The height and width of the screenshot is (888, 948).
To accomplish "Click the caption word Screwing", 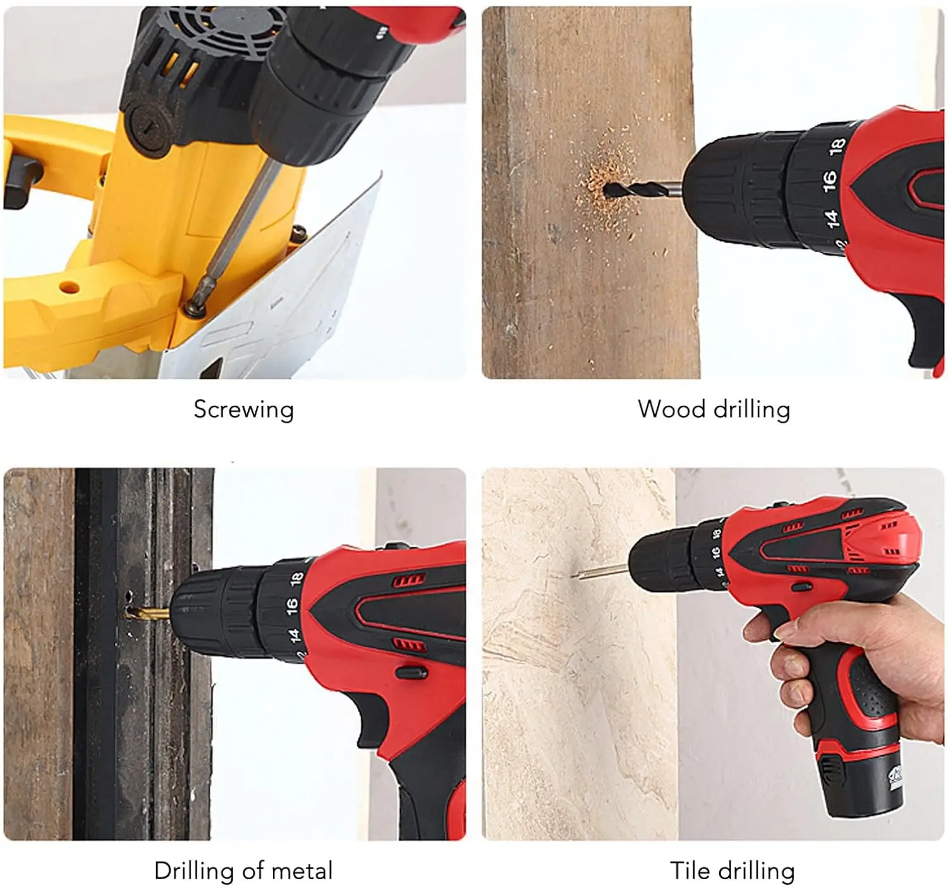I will point(243,410).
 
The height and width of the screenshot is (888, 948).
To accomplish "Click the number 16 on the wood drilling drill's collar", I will point(829,180).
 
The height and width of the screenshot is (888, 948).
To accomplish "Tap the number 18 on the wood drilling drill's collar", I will point(837,145).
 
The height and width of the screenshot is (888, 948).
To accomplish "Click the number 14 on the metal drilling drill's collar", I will point(293,635).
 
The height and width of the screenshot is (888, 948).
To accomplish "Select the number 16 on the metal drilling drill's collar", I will point(291,606).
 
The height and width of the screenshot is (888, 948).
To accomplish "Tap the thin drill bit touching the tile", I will point(600,572).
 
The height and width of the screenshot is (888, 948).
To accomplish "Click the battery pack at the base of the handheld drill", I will point(863,781).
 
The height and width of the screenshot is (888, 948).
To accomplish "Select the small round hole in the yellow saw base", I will point(70,288).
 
